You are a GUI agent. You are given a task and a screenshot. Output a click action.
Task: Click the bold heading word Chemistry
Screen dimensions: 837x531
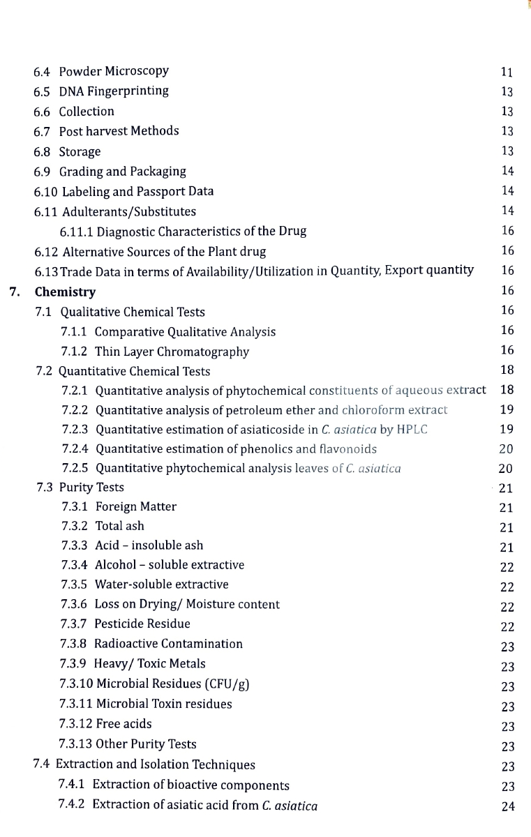pyautogui.click(x=66, y=292)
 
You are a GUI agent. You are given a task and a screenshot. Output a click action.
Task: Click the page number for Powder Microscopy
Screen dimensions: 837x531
pyautogui.click(x=507, y=72)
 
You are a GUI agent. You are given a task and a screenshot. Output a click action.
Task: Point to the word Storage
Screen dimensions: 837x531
pyautogui.click(x=80, y=151)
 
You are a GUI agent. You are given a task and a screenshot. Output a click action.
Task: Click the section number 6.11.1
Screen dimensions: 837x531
pyautogui.click(x=76, y=232)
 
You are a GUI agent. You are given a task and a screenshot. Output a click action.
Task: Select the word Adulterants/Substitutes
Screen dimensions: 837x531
pyautogui.click(x=129, y=211)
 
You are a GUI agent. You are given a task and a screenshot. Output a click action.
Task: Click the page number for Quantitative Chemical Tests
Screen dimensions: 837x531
pyautogui.click(x=507, y=370)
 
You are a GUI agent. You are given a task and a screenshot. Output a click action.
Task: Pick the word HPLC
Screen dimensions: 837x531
pyautogui.click(x=412, y=429)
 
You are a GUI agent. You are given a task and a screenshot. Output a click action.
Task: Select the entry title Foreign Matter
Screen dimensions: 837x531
pyautogui.click(x=136, y=506)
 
